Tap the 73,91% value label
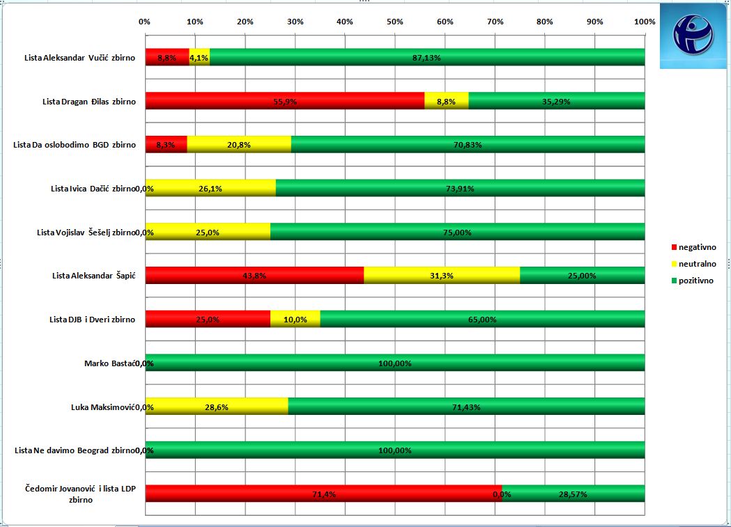(459, 189)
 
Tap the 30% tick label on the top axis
(295, 22)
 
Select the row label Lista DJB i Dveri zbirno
(92, 320)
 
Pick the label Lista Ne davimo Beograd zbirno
(74, 450)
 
